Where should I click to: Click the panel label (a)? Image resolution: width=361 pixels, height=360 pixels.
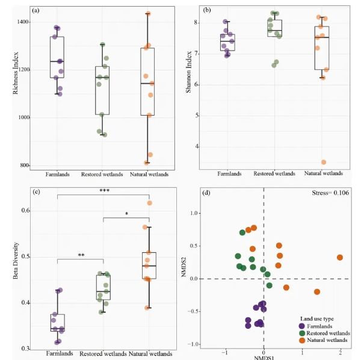(x=37, y=10)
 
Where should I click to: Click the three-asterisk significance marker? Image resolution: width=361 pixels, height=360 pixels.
(x=103, y=191)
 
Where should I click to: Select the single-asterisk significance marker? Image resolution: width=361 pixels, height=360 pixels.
(x=126, y=214)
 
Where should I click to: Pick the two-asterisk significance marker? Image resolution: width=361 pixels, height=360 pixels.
(x=80, y=256)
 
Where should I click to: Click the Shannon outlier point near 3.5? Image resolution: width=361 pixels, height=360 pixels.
(x=324, y=162)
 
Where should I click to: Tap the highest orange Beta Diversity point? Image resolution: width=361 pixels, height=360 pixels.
(x=150, y=203)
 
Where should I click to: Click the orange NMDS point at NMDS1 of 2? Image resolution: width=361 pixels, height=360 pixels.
(x=340, y=258)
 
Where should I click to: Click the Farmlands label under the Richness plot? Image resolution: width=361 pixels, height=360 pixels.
(x=58, y=175)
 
